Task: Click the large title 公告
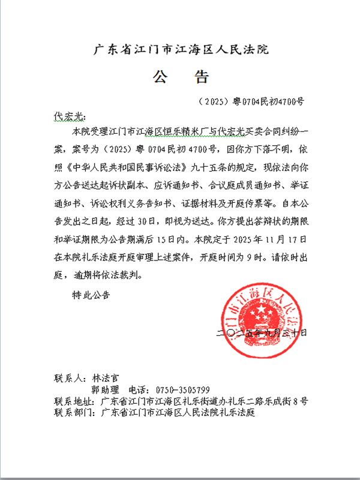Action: point(179,77)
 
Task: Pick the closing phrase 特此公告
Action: point(91,295)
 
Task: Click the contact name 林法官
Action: point(106,379)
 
